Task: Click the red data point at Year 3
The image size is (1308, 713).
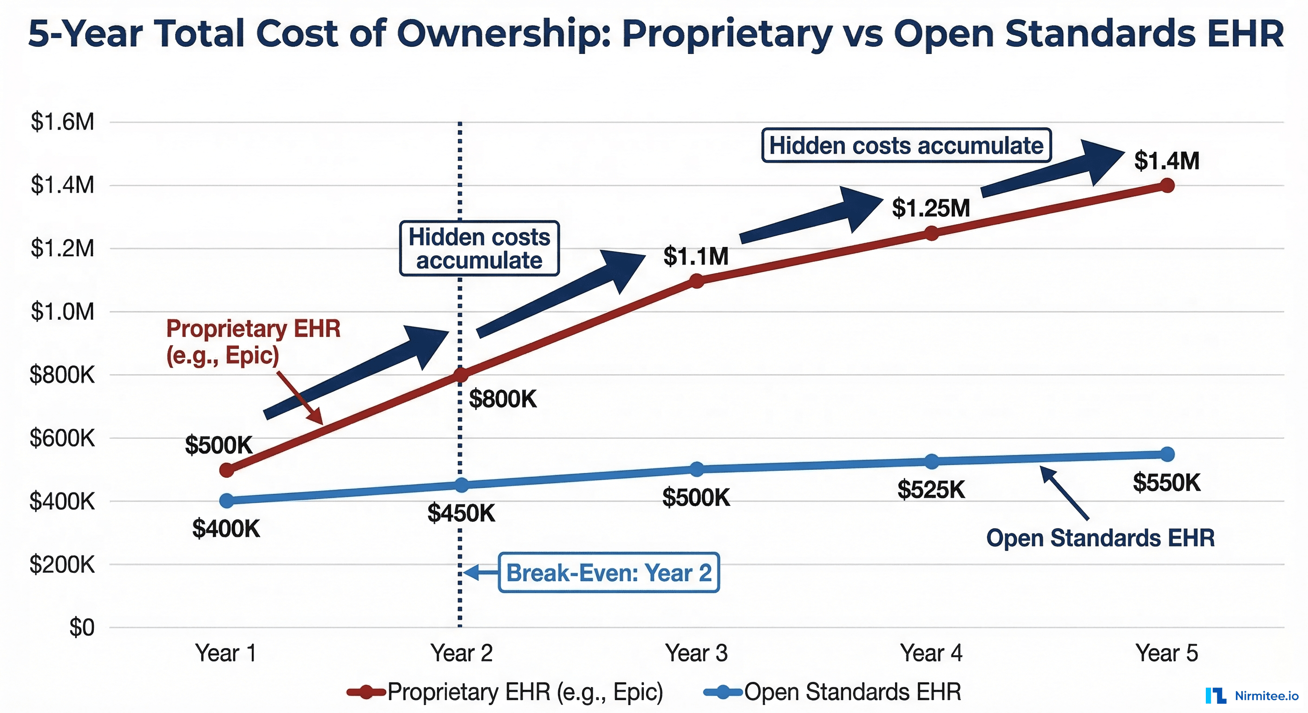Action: click(697, 281)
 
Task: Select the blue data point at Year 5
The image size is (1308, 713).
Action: click(1167, 454)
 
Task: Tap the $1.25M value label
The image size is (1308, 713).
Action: click(931, 208)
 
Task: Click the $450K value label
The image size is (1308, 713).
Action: click(461, 513)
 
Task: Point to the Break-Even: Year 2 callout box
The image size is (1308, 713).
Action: click(609, 572)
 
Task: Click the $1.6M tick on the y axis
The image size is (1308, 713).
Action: click(62, 122)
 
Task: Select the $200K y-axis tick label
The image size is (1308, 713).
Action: click(62, 564)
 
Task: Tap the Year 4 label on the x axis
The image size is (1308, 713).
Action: click(931, 653)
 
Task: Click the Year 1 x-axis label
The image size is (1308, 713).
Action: click(225, 653)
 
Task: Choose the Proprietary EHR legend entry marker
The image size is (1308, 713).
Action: click(366, 692)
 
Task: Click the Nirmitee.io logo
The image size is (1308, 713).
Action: click(1252, 695)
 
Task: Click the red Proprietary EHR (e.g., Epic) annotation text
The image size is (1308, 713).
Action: click(253, 342)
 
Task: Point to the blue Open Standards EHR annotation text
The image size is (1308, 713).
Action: click(1100, 538)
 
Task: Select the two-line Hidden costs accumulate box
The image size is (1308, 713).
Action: click(479, 249)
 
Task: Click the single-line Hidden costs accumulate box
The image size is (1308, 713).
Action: click(906, 146)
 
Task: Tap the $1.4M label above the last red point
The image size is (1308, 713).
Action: click(1167, 161)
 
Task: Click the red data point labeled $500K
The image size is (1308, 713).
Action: click(227, 470)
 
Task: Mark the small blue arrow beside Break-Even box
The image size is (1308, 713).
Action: click(479, 572)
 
